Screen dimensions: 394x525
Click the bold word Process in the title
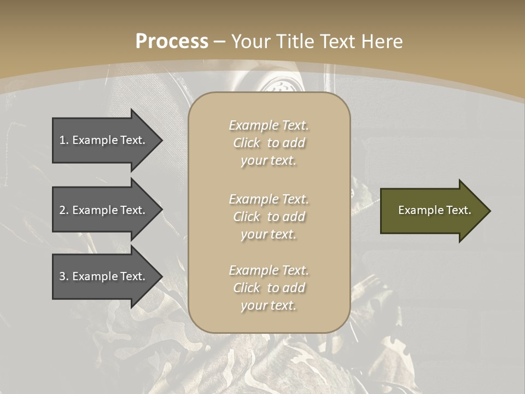[172, 41]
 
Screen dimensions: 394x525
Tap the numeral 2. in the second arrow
[64, 210]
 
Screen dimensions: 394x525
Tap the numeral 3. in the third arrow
[64, 276]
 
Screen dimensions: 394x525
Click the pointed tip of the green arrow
[489, 211]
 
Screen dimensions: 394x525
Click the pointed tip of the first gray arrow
[162, 140]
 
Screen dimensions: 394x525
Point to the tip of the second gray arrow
[162, 210]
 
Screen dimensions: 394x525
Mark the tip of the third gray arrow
[162, 276]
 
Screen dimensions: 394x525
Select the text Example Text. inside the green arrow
[434, 210]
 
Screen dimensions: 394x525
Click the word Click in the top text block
[247, 143]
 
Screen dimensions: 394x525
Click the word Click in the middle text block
[247, 217]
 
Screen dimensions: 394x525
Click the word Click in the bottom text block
[247, 288]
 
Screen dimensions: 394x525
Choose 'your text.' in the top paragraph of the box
[269, 161]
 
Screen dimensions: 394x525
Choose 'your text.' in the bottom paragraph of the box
[269, 306]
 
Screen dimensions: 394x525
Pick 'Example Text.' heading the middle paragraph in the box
[269, 199]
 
